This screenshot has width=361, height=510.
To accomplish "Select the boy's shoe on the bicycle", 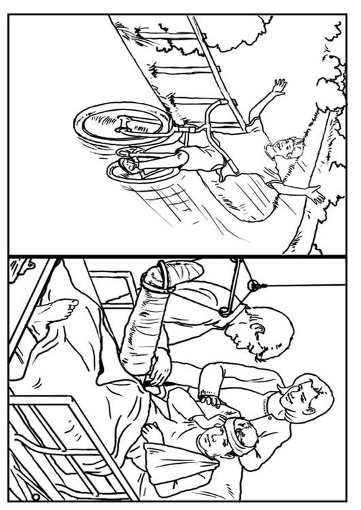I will coord(129,165).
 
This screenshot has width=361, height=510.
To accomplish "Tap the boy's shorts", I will coord(203,158).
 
